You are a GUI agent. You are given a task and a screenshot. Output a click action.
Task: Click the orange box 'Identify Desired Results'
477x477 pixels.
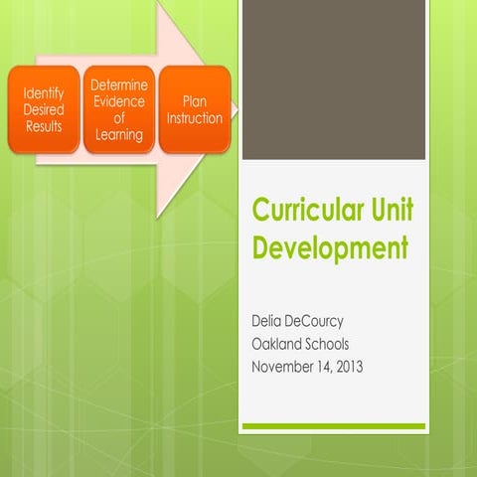[43, 109]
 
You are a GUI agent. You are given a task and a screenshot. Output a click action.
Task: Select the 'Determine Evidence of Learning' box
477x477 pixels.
[119, 109]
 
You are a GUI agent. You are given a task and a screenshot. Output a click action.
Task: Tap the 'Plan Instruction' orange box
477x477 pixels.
[195, 109]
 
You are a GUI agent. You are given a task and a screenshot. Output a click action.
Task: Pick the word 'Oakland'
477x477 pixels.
[280, 345]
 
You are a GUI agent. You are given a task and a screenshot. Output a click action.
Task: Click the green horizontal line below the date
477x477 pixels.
[334, 426]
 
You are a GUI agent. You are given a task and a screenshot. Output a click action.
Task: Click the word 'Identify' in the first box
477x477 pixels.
[43, 94]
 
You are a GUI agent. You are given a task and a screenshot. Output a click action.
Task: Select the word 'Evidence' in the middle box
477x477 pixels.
[119, 101]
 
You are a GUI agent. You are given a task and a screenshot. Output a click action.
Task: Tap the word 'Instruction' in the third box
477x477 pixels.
[195, 118]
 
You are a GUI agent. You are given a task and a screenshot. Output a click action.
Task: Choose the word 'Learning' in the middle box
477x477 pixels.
[119, 133]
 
